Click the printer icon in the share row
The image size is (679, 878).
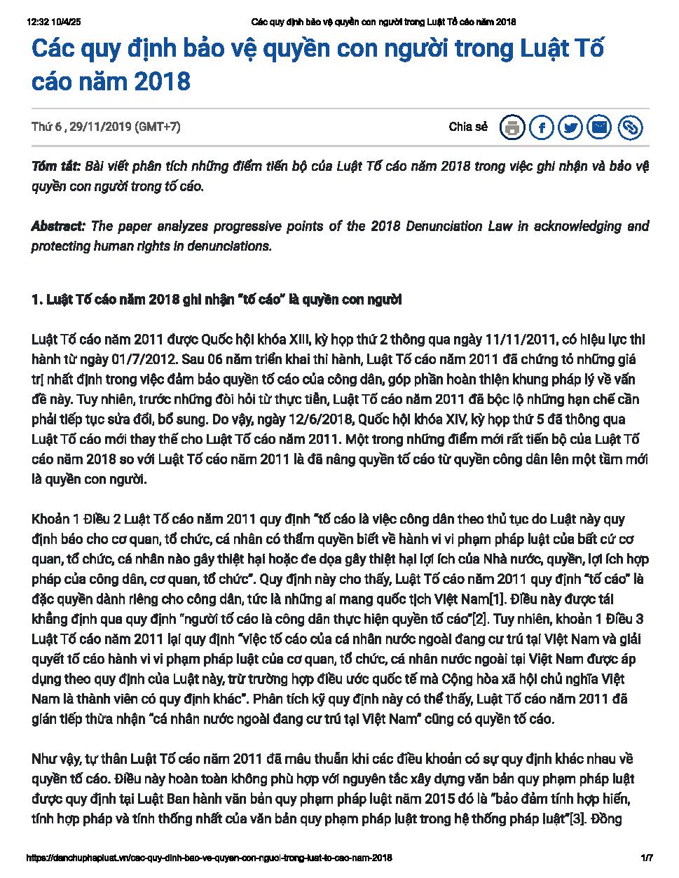(513, 127)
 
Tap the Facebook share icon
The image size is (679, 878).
(542, 127)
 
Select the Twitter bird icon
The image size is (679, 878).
(571, 127)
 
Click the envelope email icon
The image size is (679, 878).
(600, 127)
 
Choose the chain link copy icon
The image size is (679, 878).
(630, 127)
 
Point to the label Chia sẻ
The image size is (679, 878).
(468, 127)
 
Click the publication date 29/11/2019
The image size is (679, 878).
(101, 127)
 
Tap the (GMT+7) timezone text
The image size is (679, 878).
(158, 127)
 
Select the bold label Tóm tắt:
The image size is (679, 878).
(56, 167)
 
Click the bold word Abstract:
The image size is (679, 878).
(58, 226)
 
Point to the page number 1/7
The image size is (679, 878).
(646, 857)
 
